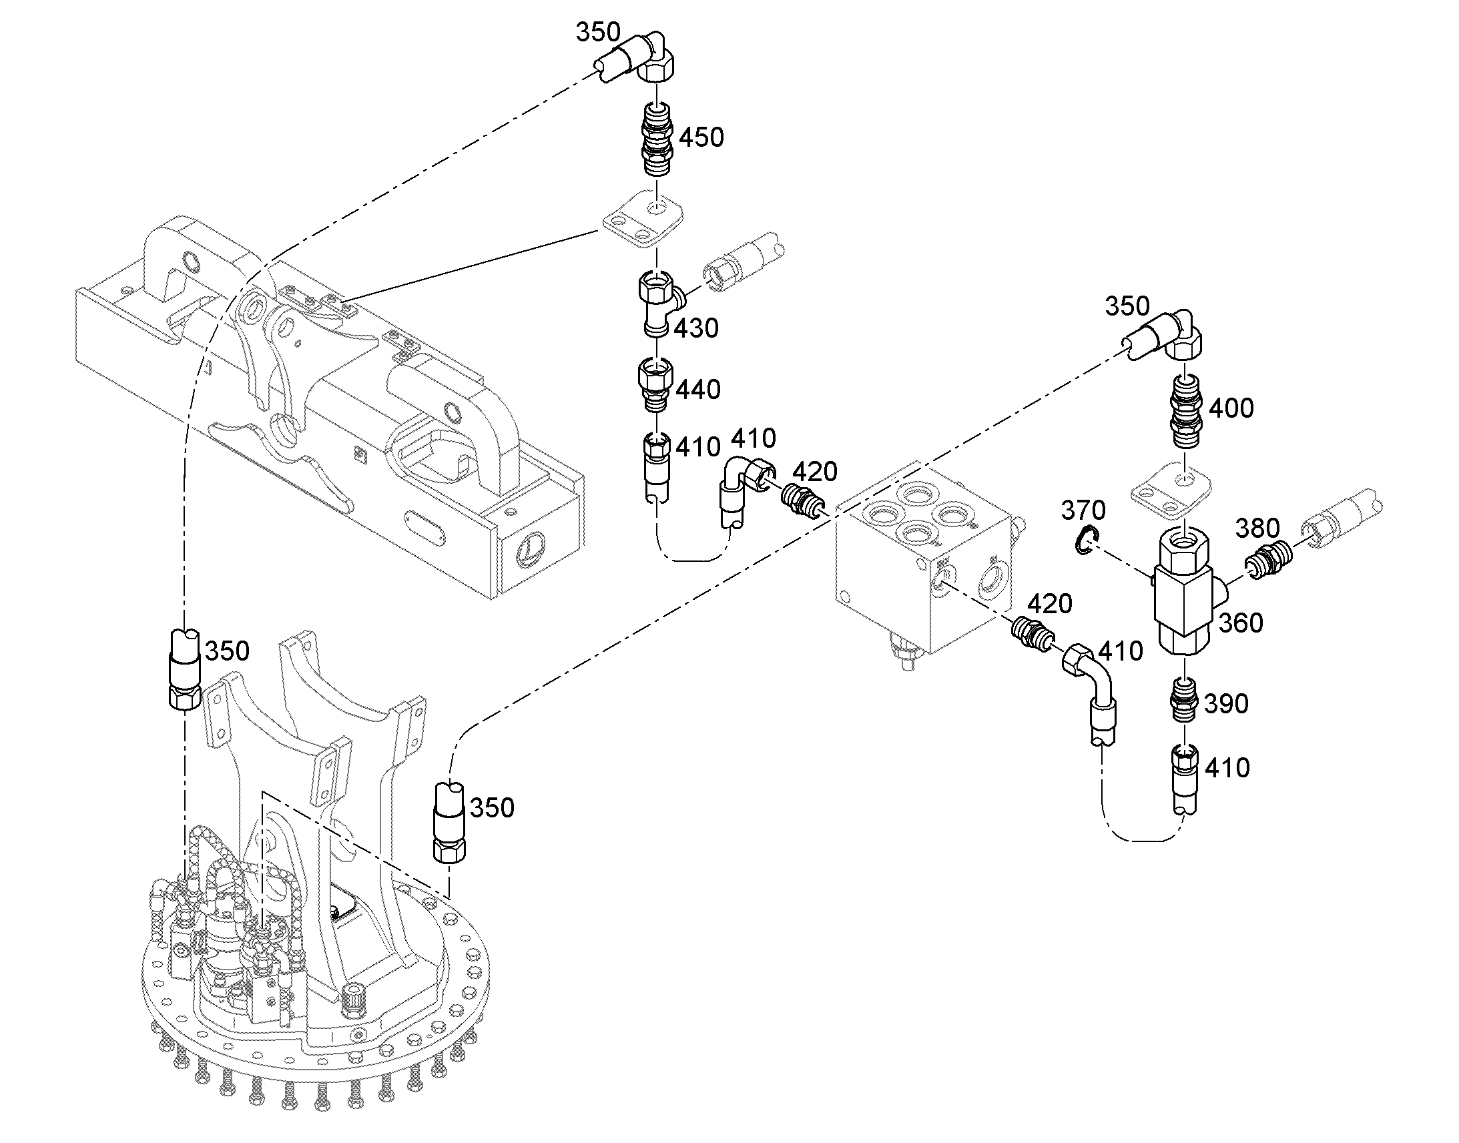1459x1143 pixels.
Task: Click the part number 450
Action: [701, 137]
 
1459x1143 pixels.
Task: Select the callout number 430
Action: [696, 328]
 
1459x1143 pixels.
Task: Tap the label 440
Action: [698, 389]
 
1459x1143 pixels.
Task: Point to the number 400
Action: [1231, 408]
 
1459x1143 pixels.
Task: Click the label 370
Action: [1083, 510]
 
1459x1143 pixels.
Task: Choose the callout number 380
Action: [1257, 528]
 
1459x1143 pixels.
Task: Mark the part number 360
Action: [1241, 623]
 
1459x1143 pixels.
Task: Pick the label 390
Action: [1226, 703]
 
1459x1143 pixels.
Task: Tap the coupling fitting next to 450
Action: [657, 139]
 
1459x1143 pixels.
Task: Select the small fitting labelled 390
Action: [1185, 700]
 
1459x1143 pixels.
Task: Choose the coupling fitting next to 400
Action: [1185, 412]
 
